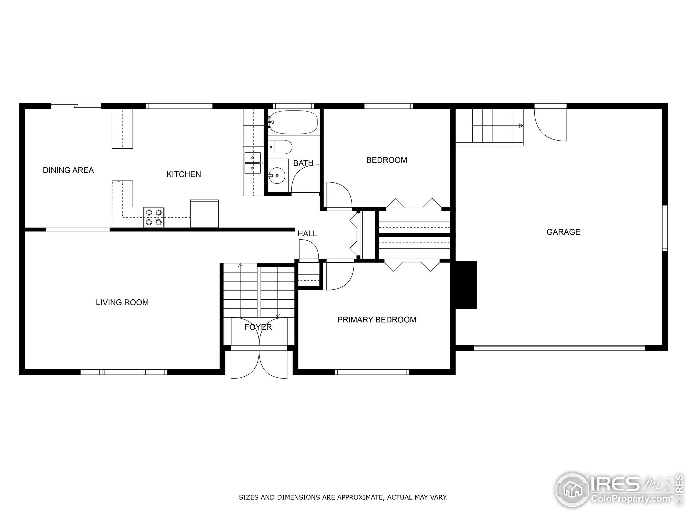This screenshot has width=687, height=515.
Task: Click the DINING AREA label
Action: (68, 170)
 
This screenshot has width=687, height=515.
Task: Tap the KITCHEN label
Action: (184, 174)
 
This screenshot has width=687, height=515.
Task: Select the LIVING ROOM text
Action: (122, 302)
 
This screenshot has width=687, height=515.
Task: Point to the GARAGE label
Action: (563, 232)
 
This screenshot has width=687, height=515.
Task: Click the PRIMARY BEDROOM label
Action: (377, 320)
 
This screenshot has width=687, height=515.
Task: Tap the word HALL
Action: (307, 234)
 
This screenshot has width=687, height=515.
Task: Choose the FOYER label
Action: (258, 327)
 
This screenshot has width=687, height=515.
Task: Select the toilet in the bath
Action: (280, 147)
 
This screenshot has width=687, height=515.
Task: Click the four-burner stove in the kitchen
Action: (154, 217)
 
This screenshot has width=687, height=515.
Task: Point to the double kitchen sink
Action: (253, 163)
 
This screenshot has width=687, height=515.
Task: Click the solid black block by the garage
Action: (466, 285)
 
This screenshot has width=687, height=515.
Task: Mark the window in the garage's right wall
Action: (665, 228)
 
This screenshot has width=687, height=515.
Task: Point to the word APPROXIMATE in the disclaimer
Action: (360, 498)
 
